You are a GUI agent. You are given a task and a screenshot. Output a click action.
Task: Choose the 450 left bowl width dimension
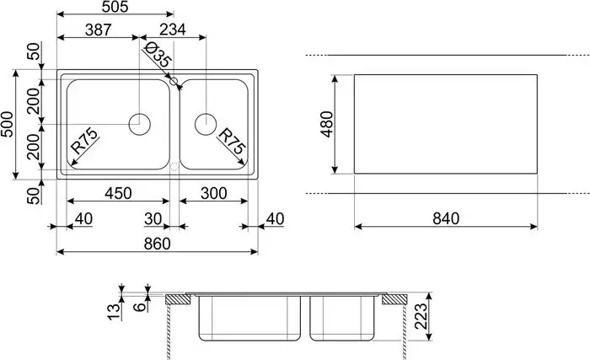[118, 193]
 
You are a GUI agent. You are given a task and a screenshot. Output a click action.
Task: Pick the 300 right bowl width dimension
[215, 193]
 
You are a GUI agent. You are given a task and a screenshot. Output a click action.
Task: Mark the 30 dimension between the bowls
[153, 218]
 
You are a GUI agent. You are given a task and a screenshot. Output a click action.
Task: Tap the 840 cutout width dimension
[444, 218]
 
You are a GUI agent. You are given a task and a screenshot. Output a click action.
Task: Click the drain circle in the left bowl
[140, 124]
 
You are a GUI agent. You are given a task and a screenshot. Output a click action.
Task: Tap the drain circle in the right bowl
[206, 124]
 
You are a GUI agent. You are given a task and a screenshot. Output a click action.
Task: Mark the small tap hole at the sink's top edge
[173, 82]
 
